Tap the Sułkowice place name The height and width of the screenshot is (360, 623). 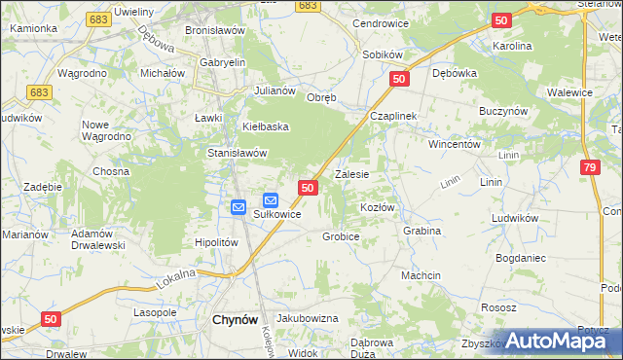pyautogui.click(x=276, y=214)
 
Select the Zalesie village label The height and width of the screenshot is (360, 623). pyautogui.click(x=351, y=175)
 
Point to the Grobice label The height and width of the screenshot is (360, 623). pyautogui.click(x=342, y=236)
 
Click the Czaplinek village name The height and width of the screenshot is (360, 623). pyautogui.click(x=393, y=116)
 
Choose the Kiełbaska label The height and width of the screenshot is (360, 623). pyautogui.click(x=267, y=126)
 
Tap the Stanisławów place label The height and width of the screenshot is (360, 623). pyautogui.click(x=238, y=153)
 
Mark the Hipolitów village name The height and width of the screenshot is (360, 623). pyautogui.click(x=217, y=243)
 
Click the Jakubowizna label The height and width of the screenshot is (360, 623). pyautogui.click(x=307, y=318)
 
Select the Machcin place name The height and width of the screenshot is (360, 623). pyautogui.click(x=421, y=276)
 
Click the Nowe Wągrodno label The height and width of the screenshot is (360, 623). pyautogui.click(x=107, y=130)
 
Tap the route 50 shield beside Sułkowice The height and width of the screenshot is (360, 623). pyautogui.click(x=308, y=187)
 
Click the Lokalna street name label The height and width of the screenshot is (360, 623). pyautogui.click(x=176, y=279)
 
